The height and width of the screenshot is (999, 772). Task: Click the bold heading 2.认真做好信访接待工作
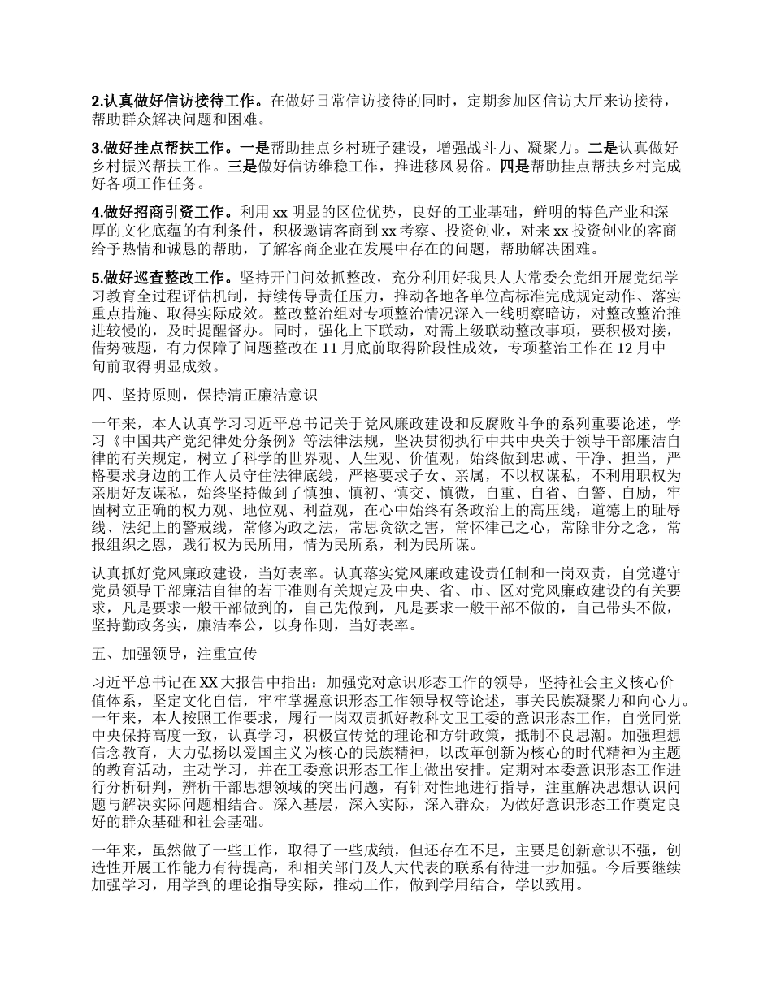(x=176, y=102)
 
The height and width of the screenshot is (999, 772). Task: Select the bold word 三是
(x=245, y=166)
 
